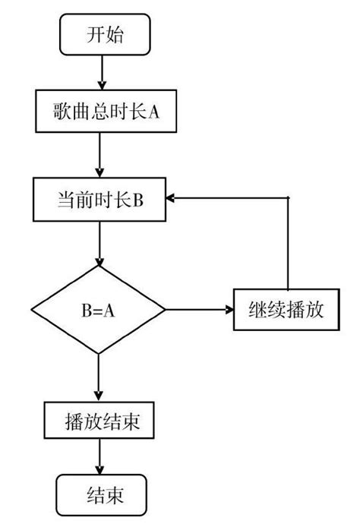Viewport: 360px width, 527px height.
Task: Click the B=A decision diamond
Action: click(x=98, y=310)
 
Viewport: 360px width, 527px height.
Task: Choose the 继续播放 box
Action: click(x=286, y=310)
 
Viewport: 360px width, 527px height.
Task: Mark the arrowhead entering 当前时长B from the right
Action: click(x=173, y=198)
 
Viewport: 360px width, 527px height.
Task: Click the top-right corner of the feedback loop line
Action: click(x=288, y=198)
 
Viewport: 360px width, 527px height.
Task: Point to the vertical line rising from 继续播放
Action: click(x=288, y=243)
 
